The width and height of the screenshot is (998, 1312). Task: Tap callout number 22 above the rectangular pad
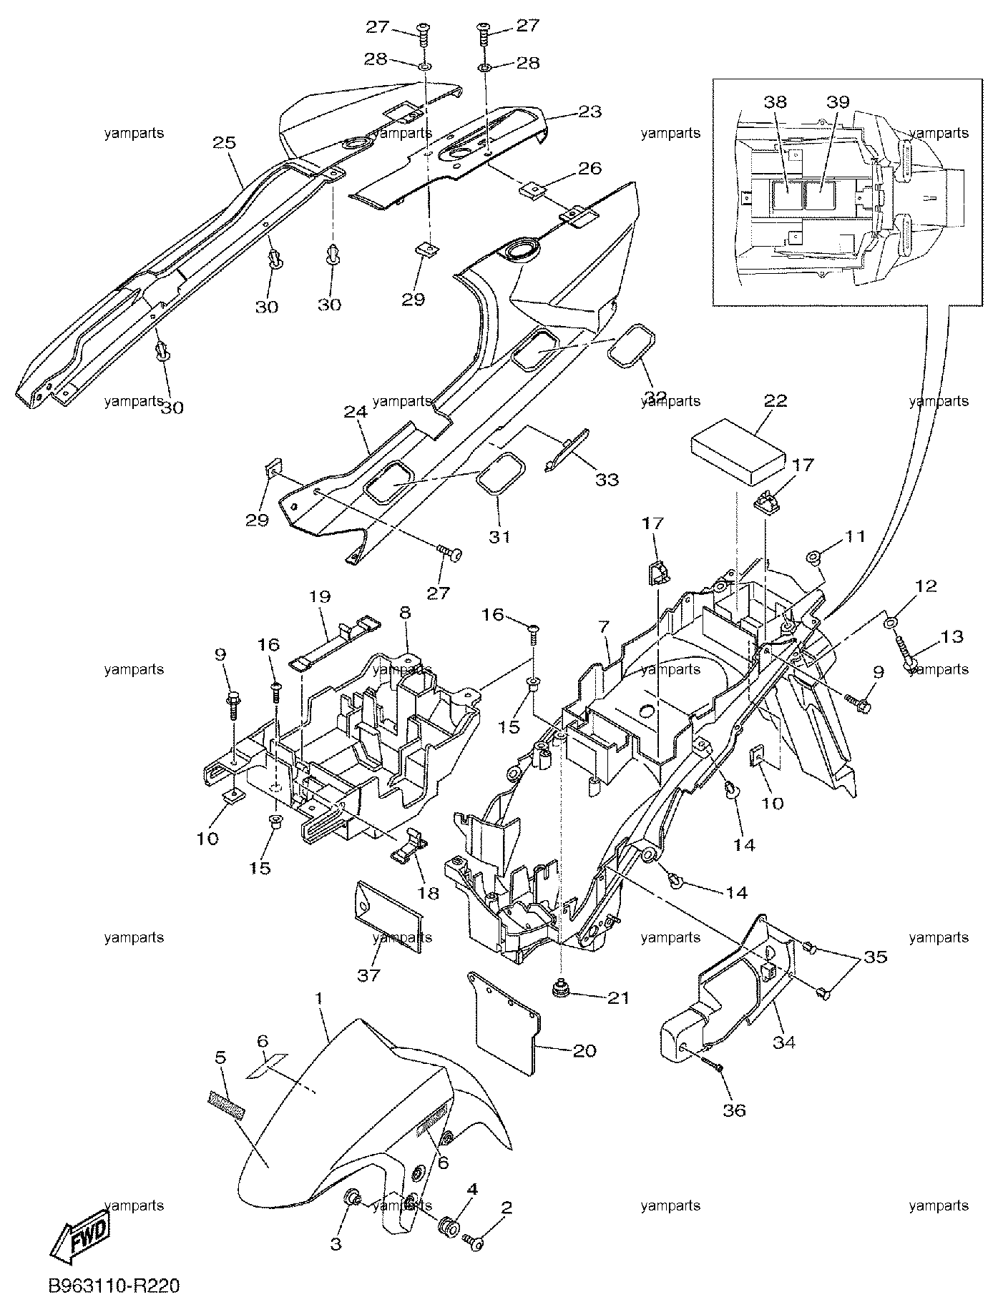776,401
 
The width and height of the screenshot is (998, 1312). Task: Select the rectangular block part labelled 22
735,453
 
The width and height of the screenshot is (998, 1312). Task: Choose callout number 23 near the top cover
590,112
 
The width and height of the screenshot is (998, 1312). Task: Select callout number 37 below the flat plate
369,975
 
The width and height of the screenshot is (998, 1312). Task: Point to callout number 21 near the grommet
618,997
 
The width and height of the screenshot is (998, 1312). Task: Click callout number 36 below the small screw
735,1110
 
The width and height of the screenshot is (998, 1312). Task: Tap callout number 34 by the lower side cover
783,1042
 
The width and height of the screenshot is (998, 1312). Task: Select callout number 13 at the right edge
952,636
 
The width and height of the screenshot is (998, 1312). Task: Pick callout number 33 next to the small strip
607,479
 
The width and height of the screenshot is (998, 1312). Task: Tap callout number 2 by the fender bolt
507,1208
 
